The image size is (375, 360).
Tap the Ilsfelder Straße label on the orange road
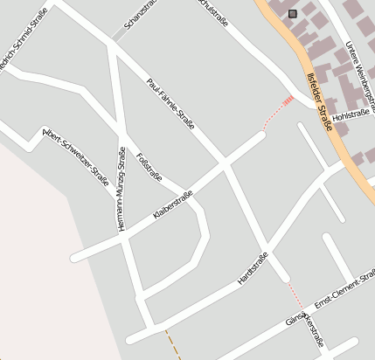click(321, 101)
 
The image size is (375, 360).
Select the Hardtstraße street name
click(252, 268)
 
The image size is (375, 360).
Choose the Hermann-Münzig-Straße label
click(122, 188)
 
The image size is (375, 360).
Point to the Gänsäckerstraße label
click(305, 326)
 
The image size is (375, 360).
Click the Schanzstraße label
click(140, 15)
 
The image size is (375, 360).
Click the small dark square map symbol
click(292, 13)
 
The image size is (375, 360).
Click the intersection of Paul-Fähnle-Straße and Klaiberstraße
click(226, 163)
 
